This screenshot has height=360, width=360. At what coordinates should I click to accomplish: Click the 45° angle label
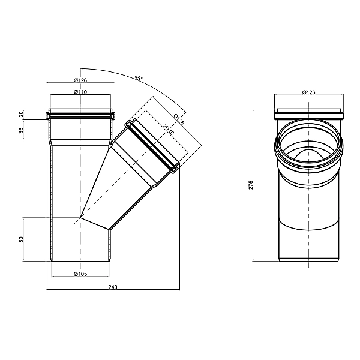138,78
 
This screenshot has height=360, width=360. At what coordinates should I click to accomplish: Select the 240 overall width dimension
113,287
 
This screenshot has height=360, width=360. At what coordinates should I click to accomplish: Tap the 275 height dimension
251,185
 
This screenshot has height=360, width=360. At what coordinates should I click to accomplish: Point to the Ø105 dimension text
80,274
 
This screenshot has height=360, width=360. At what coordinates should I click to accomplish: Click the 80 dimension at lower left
21,239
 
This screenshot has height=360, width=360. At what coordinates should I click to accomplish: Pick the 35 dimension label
21,130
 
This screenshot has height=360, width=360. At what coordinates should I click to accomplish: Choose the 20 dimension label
21,114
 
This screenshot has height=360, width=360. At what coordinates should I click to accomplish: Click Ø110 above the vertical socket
80,92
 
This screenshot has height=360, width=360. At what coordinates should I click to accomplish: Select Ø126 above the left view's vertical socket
80,80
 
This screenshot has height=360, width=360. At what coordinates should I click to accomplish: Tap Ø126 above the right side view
309,92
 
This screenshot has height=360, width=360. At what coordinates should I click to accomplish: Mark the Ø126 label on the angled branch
179,119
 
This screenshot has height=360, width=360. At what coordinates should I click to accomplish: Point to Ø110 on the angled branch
169,130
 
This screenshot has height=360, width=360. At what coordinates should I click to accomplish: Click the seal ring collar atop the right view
309,115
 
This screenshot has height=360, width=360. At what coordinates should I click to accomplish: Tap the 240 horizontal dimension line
113,290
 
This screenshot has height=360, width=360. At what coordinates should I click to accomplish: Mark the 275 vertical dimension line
253,185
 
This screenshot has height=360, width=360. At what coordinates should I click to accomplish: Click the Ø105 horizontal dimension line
80,277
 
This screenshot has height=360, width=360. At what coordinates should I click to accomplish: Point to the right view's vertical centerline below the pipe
309,264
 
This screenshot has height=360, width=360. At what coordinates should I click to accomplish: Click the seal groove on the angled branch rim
152,146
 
